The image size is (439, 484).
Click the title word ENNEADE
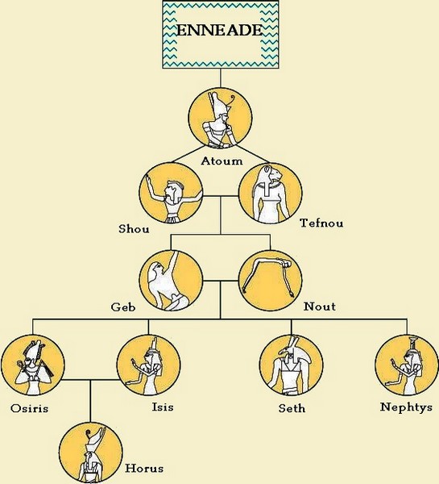219,31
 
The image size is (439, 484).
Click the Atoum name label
222,161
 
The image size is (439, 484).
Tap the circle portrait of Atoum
220,118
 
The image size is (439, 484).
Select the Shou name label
134,229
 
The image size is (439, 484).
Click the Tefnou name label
321,223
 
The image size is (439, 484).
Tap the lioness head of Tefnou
273,174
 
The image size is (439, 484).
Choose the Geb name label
123,307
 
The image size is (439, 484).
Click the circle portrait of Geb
171,280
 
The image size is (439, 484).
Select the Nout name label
320,307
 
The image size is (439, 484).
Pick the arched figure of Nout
267,276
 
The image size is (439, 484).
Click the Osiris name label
29,408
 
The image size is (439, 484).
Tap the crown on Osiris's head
35,351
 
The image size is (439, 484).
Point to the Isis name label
163,407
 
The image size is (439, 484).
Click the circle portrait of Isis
148,365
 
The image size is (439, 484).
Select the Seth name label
292,408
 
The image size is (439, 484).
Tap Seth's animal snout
282,352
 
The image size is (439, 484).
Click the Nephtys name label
406,407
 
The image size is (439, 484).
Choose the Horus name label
144,468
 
